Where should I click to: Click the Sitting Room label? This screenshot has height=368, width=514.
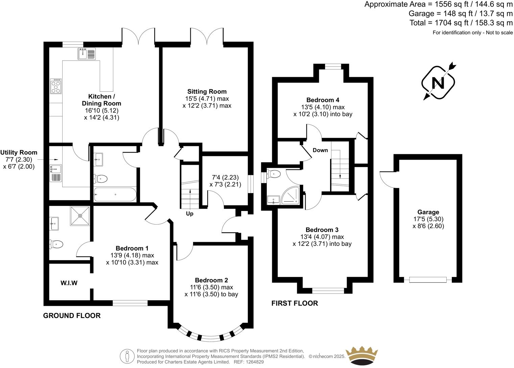pos(207,91)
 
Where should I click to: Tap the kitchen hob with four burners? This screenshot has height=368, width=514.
pos(56,86)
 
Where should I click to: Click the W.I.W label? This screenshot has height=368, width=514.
pos(69,283)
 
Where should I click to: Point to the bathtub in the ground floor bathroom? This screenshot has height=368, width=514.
pos(115,194)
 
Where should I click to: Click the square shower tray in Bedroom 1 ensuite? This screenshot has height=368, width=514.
pos(80,215)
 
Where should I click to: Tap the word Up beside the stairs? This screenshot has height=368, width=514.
pos(190,213)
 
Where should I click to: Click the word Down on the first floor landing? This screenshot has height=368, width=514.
pos(320,150)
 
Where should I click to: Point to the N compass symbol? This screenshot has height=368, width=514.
pos(439,82)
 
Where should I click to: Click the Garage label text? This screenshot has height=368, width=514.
pos(428,212)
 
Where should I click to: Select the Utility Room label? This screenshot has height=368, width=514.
pos(19,153)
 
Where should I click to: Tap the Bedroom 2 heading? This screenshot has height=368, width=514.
pos(211,280)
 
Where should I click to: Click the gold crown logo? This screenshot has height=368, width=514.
pos(361,355)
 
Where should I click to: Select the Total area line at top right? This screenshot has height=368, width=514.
pos(461,23)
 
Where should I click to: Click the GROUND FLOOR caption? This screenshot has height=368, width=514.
pos(72,316)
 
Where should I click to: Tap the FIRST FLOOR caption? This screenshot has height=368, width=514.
pos(295,303)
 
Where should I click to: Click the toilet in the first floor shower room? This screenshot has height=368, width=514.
pos(274,174)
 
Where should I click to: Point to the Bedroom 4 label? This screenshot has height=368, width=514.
pos(323,100)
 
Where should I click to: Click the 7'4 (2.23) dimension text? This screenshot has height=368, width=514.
pos(226,177)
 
